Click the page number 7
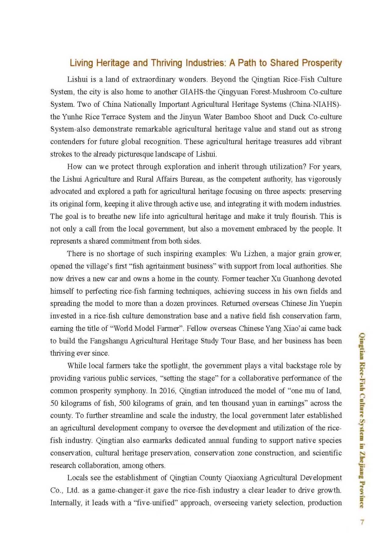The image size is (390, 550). tap(362, 522)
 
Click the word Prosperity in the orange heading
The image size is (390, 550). tap(322, 63)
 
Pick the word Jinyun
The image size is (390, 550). tap(190, 117)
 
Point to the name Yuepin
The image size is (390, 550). tap(330, 304)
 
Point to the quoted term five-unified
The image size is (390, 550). tap(156, 503)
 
